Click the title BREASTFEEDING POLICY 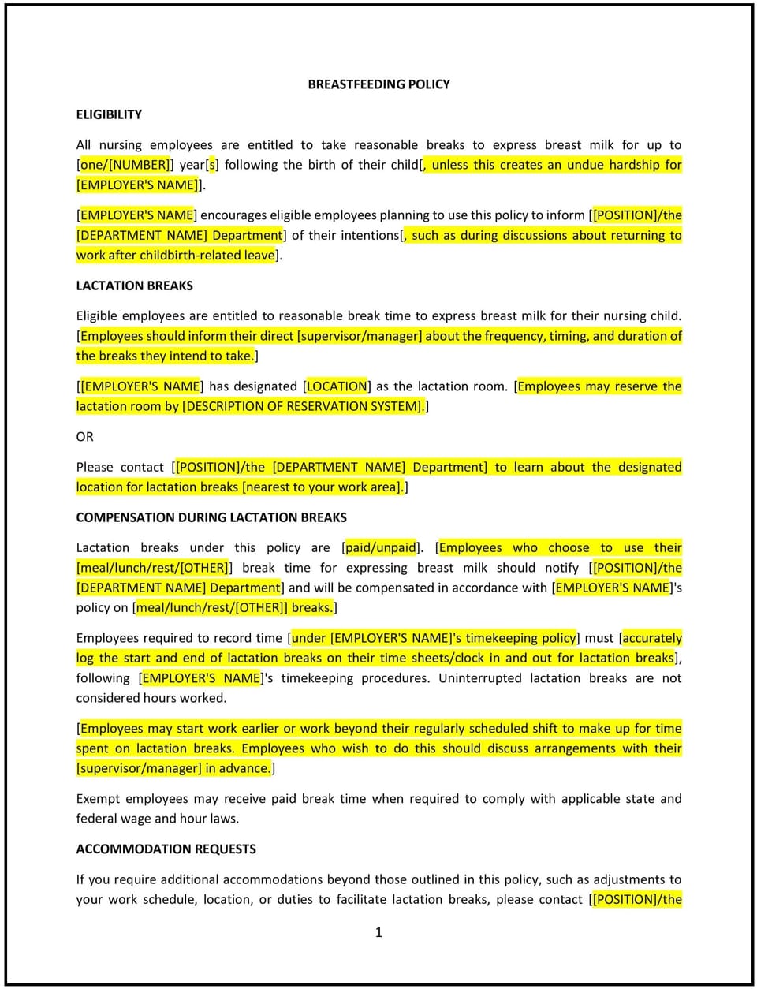[x=378, y=84]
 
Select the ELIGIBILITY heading [x=109, y=114]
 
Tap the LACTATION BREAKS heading [x=134, y=286]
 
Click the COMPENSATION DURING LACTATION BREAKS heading [x=211, y=517]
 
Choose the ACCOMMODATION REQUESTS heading [x=166, y=849]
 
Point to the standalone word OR [x=84, y=437]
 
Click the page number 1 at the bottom [x=378, y=932]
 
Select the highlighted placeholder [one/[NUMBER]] [x=124, y=165]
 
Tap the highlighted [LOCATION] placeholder [x=337, y=386]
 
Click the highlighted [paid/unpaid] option [x=381, y=547]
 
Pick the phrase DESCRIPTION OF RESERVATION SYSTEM [x=303, y=407]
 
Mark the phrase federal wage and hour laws [x=157, y=819]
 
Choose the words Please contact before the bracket [x=120, y=467]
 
